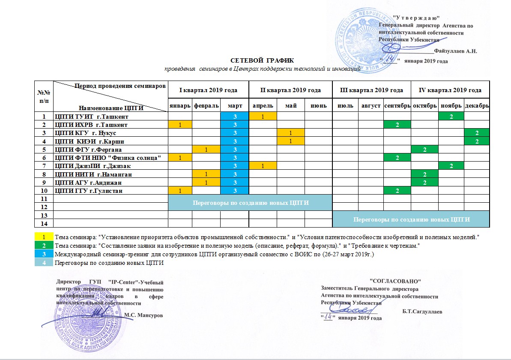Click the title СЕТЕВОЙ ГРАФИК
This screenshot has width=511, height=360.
coord(263,60)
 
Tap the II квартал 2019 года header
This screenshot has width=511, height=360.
coord(290,90)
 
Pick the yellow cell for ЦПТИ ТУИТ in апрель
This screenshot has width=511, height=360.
coord(263,116)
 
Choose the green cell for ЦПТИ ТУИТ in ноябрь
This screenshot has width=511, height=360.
coord(451,116)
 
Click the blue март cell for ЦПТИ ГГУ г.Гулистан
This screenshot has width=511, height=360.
coord(234,190)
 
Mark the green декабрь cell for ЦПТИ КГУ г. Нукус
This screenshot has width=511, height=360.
coord(477,133)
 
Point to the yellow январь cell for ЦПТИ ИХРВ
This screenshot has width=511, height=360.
coord(180,125)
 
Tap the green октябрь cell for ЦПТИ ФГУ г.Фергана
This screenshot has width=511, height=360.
coord(424,150)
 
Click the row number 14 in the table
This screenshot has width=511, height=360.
coord(43,223)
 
